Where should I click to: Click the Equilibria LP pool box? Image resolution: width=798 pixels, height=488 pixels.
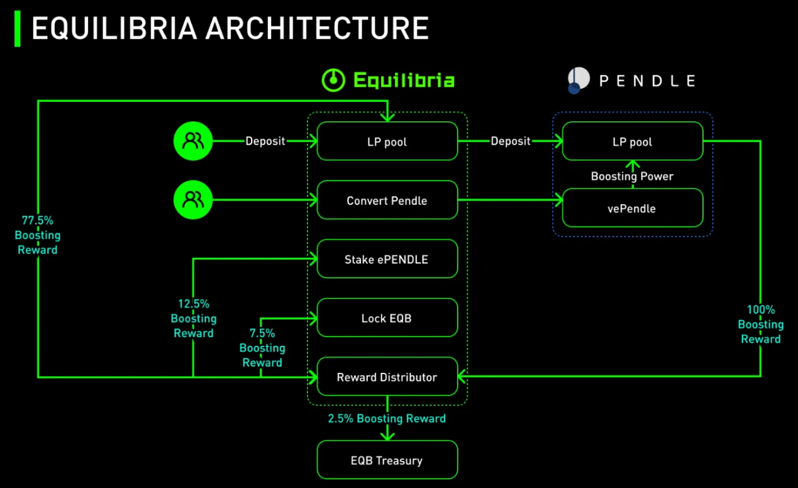click(x=387, y=141)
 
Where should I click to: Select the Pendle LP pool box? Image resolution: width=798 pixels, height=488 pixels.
click(x=632, y=141)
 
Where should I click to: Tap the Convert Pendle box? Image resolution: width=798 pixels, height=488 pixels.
click(x=387, y=201)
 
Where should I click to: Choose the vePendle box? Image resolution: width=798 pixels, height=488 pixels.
click(x=632, y=208)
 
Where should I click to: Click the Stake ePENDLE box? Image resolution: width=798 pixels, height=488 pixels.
click(x=387, y=259)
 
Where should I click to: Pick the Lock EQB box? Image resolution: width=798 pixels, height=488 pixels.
click(x=387, y=318)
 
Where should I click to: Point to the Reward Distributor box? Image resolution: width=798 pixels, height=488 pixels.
click(x=387, y=377)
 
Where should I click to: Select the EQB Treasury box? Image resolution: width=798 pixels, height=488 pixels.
click(x=387, y=460)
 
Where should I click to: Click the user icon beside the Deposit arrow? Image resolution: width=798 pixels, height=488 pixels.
click(x=193, y=141)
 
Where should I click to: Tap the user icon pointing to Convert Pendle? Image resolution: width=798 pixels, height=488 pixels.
click(x=193, y=201)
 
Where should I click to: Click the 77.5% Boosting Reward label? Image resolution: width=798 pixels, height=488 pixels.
click(x=38, y=235)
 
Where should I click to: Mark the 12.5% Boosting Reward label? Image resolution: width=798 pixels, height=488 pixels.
click(x=193, y=319)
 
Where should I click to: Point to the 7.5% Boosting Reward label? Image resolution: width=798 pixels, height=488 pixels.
click(x=262, y=348)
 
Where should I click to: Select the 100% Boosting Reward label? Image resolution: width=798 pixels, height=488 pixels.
click(x=760, y=324)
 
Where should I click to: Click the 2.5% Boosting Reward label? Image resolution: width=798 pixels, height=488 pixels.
click(x=387, y=419)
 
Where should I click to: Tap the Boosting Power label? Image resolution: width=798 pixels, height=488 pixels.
click(x=632, y=177)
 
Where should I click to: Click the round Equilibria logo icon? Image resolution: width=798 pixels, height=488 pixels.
click(x=333, y=80)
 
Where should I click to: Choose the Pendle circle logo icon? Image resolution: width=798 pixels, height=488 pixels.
click(x=578, y=80)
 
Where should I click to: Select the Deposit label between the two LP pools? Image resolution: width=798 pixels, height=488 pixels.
click(x=510, y=141)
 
